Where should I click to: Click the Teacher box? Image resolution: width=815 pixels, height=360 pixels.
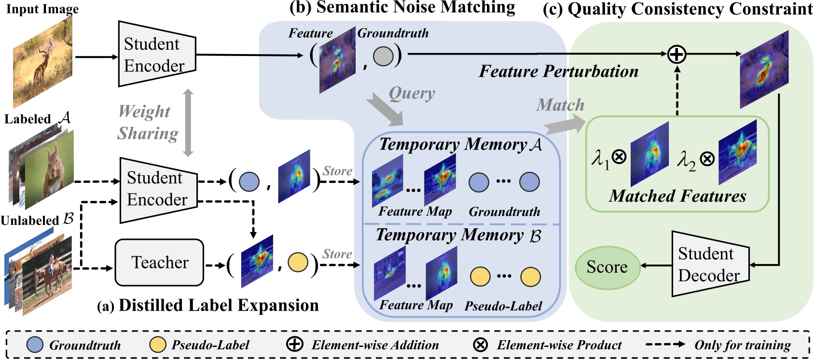tap(159, 263)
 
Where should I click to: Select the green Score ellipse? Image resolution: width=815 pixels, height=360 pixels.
tap(607, 267)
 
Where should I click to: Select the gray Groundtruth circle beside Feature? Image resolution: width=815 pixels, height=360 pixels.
tap(383, 56)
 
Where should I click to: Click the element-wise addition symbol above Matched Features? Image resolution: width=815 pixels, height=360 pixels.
tap(677, 54)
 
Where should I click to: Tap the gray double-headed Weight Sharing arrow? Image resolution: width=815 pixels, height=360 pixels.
tap(188, 123)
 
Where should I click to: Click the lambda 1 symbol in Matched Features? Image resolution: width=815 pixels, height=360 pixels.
tap(600, 158)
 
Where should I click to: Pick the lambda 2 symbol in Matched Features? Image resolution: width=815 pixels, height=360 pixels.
tap(686, 160)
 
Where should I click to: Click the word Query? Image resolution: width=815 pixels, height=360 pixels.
tap(412, 93)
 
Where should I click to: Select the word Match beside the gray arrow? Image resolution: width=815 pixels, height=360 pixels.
tap(560, 105)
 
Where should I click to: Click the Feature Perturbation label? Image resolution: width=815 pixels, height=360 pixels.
tap(558, 71)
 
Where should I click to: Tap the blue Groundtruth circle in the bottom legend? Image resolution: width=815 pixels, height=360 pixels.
tap(35, 345)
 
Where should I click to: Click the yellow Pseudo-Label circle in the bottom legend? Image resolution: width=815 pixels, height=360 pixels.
tap(157, 345)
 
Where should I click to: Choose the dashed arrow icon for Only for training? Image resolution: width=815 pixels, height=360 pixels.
tap(664, 345)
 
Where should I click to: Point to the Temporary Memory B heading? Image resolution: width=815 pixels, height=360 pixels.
tap(458, 235)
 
